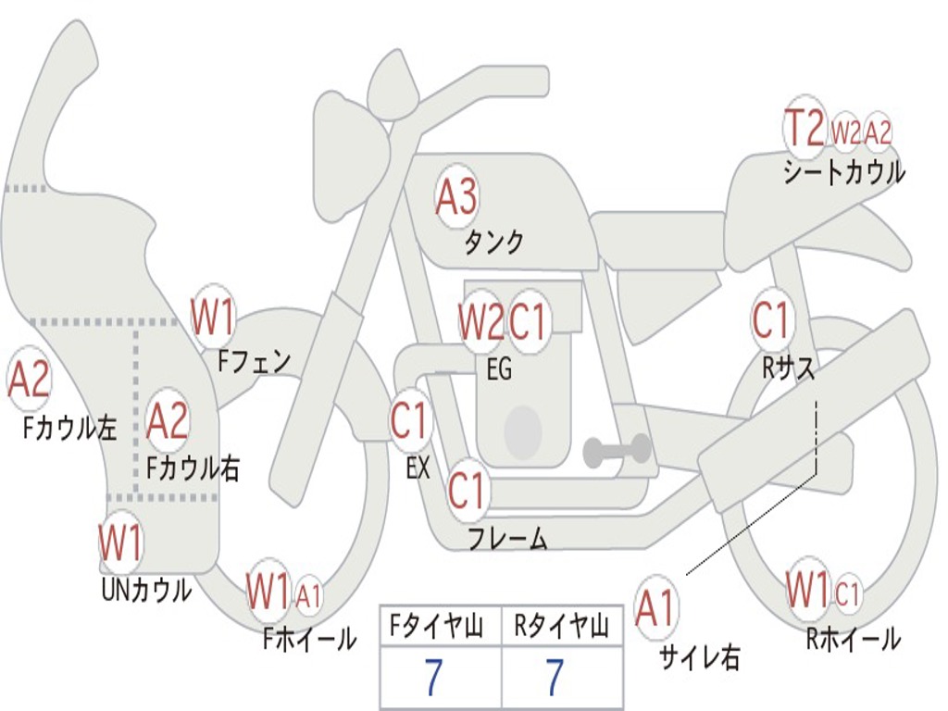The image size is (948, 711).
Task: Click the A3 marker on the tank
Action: point(456,196)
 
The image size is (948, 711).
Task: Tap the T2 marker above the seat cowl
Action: point(805,128)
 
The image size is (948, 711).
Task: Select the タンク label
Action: point(493,243)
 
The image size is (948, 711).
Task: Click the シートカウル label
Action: point(844,172)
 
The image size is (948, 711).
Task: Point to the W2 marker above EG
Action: point(480,321)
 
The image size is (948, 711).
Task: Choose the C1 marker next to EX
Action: point(411,420)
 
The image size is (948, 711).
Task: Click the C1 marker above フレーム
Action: point(468,490)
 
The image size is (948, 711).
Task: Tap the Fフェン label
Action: point(254,362)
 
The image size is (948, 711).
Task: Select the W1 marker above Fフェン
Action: point(213,318)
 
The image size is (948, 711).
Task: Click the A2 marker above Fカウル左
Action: point(29,379)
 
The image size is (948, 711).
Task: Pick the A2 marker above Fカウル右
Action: point(168,421)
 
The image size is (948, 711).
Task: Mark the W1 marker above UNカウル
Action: point(120,543)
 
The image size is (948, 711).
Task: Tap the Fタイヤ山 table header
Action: point(437,626)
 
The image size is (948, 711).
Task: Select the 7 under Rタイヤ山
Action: point(555,678)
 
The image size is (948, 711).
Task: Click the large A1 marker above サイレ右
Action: point(655,607)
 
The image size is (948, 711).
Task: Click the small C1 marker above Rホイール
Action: point(846,592)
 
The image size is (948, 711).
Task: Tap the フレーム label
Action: point(508,538)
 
